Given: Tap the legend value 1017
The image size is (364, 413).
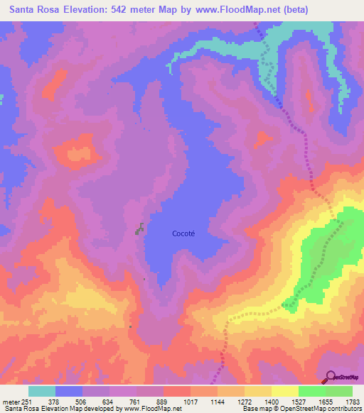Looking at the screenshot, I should click(x=191, y=401).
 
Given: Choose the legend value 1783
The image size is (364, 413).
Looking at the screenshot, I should click(x=353, y=401).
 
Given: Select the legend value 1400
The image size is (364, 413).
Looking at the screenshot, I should click(x=272, y=401).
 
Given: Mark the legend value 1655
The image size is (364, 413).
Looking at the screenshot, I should click(x=326, y=401).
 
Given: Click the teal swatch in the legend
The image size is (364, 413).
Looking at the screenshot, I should click(x=42, y=391).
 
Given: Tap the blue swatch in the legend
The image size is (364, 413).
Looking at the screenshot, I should click(x=69, y=391).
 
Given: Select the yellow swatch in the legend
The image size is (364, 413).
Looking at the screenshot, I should click(x=285, y=391).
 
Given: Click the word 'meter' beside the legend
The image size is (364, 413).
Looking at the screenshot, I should click(x=10, y=401).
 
